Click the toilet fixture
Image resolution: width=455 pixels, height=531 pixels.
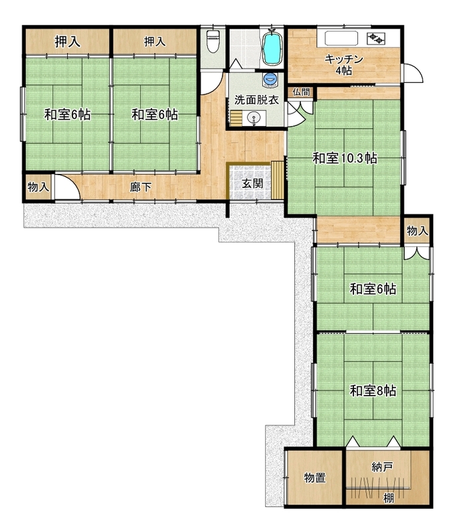tap(213, 40)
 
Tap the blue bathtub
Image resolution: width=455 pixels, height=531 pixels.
tap(272, 48)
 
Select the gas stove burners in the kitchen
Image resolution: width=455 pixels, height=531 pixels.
tap(377, 38)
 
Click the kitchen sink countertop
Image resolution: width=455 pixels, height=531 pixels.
tap(341, 38)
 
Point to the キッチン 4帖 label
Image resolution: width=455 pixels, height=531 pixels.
tap(343, 64)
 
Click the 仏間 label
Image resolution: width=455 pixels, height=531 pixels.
tap(301, 92)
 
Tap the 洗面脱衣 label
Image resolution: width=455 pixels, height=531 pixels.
tap(256, 100)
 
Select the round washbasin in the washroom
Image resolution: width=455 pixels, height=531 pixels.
tap(253, 118)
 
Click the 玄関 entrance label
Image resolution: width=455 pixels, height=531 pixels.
tap(252, 184)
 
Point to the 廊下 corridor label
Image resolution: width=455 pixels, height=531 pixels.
tap(141, 187)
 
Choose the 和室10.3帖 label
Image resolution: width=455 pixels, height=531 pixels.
tap(345, 158)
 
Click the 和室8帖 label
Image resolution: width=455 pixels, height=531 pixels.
tap(373, 391)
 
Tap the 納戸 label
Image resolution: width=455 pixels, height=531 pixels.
tap(382, 467)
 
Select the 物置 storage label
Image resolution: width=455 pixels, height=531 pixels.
tap(315, 478)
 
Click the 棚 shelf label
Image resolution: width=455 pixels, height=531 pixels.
tap(389, 498)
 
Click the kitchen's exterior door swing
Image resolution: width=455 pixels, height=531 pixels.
tap(413, 72)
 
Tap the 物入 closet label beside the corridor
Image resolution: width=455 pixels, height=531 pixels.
tap(39, 187)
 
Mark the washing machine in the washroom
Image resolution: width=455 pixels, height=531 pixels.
tap(270, 80)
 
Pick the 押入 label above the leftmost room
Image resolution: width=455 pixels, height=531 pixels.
tap(68, 42)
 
